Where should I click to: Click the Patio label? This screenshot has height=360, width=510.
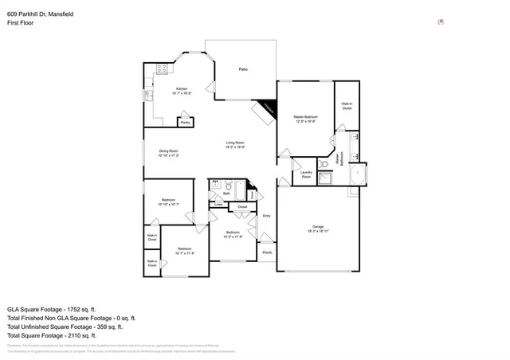[243, 70]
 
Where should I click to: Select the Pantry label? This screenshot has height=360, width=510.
[185, 123]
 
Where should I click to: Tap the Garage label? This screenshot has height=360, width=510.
[318, 226]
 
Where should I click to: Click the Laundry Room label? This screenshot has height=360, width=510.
[306, 174]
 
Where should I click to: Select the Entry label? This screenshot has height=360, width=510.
[267, 216]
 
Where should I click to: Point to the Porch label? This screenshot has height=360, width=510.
[267, 252]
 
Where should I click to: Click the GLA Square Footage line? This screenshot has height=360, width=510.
[52, 308]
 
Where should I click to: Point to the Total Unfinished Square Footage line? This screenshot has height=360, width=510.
[65, 327]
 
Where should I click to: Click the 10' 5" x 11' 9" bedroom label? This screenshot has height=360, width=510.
[232, 237]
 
